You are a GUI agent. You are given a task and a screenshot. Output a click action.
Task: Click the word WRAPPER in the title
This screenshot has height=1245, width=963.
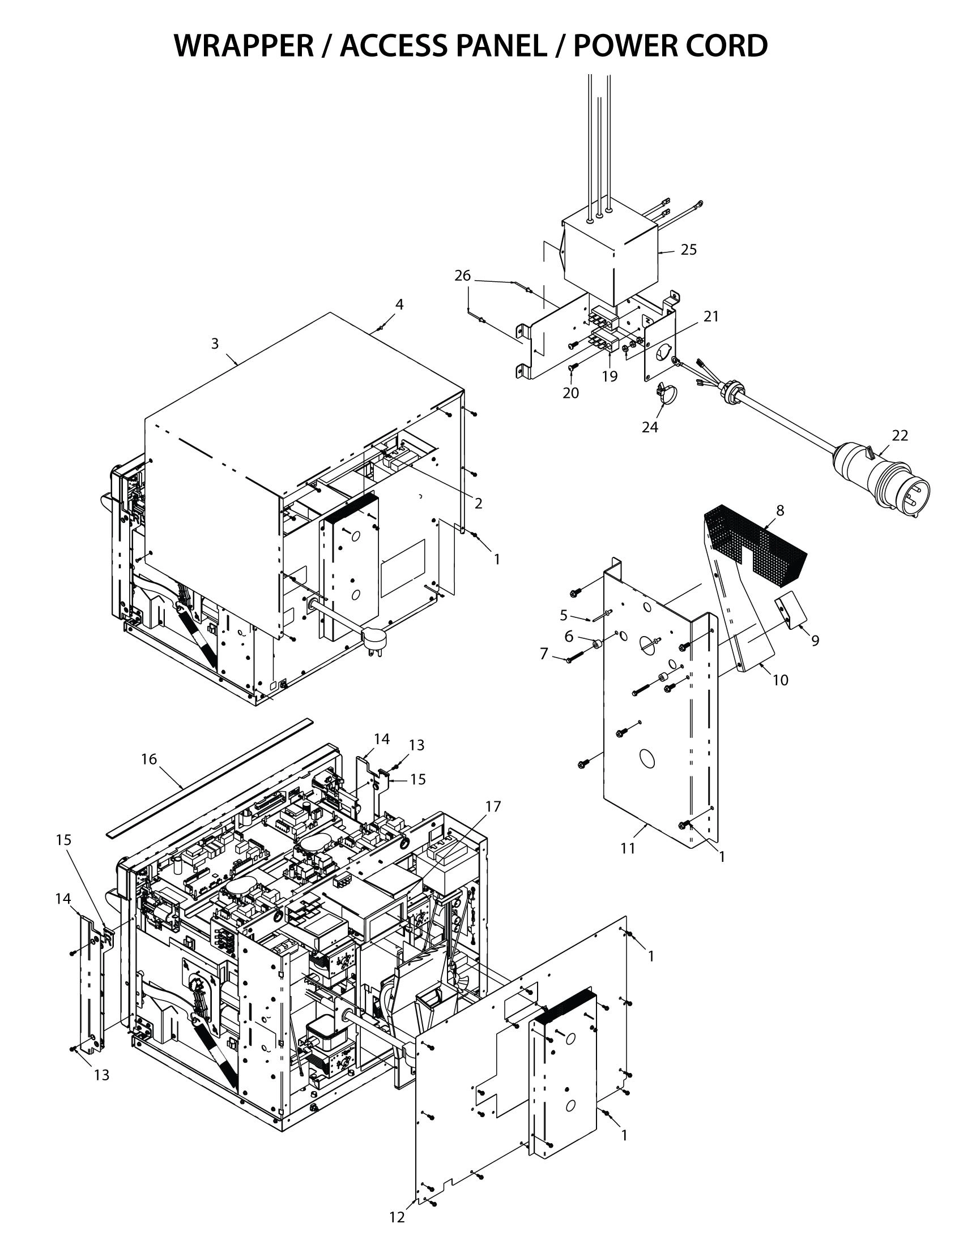pyautogui.click(x=244, y=46)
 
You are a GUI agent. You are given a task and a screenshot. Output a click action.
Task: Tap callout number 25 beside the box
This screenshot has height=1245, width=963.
pyautogui.click(x=689, y=250)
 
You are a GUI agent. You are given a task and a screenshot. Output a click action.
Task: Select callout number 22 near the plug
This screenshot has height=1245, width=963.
pyautogui.click(x=900, y=436)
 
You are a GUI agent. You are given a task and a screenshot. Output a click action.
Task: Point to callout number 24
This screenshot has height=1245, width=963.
pyautogui.click(x=650, y=427)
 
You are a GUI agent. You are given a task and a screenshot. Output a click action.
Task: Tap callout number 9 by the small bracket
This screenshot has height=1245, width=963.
pyautogui.click(x=815, y=641)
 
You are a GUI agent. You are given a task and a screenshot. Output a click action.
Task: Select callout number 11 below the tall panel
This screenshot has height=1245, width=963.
pyautogui.click(x=628, y=849)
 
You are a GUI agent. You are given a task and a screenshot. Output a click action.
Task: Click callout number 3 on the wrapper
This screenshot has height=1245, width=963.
pyautogui.click(x=215, y=343)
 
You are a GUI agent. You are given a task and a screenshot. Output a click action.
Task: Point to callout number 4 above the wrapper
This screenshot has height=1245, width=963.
pyautogui.click(x=399, y=304)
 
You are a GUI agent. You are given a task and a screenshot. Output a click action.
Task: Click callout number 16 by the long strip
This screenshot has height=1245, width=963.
pyautogui.click(x=149, y=759)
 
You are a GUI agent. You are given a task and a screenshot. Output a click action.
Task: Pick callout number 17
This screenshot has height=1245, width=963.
pyautogui.click(x=493, y=806)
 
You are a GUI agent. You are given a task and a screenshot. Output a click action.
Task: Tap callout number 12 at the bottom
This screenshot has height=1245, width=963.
pyautogui.click(x=397, y=1218)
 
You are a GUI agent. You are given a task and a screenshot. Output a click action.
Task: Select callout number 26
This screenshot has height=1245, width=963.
pyautogui.click(x=462, y=276)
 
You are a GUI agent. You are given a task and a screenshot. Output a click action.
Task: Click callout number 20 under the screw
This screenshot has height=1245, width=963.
pyautogui.click(x=570, y=393)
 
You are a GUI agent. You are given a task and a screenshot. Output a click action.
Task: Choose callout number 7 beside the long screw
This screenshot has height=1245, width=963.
pyautogui.click(x=544, y=654)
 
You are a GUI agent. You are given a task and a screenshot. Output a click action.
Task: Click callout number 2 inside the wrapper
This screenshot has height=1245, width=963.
pyautogui.click(x=478, y=503)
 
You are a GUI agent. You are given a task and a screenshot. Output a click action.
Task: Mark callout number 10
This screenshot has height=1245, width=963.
pyautogui.click(x=780, y=680)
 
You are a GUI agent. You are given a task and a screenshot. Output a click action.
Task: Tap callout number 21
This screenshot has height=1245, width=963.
pyautogui.click(x=711, y=316)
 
